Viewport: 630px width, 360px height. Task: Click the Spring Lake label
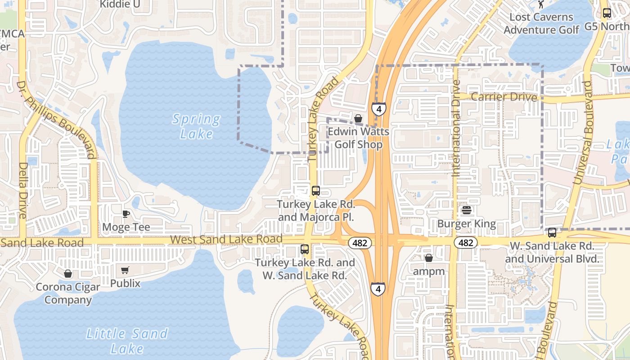197,126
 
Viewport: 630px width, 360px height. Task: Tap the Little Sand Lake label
127,341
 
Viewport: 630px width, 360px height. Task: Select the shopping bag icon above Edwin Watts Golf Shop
358,118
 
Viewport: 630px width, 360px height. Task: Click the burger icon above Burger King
466,210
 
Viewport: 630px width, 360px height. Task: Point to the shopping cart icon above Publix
125,270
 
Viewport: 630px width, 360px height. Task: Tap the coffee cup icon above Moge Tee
126,214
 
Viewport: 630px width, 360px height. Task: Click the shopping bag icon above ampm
428,258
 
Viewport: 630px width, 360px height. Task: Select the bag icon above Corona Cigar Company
67,273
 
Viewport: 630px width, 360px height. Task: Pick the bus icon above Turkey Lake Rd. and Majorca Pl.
316,190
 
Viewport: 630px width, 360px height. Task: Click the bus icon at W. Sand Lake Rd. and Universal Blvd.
552,233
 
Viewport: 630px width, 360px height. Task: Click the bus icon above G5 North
607,13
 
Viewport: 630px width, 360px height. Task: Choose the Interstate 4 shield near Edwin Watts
378,109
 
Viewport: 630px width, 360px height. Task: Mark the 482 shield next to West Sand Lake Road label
360,243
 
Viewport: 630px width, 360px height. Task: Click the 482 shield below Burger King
465,243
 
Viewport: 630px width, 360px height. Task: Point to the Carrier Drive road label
504,97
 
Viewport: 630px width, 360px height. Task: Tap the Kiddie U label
120,4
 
